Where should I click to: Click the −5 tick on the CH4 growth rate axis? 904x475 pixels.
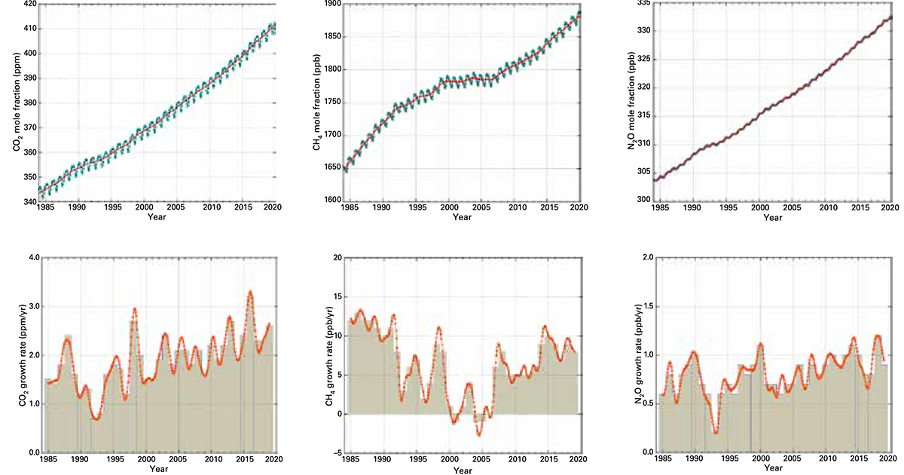pos(333,453)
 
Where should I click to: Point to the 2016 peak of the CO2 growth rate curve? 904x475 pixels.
pos(250,292)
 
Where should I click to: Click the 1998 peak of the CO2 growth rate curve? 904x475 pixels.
pos(135,308)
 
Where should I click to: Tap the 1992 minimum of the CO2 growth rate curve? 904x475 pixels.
pos(96,418)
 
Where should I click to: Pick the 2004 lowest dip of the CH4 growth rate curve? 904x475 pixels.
pos(478,435)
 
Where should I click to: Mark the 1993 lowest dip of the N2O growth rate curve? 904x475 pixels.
pos(715,433)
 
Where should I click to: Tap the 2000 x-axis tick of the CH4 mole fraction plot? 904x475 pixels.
pos(450,207)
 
